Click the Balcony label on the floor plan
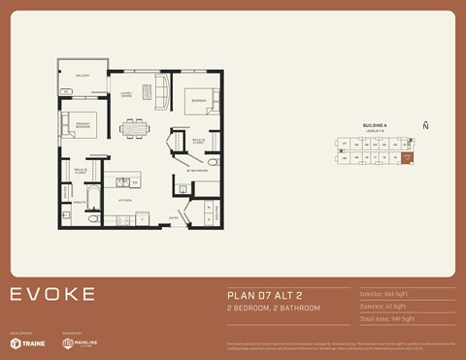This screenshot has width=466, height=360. pos(83,76)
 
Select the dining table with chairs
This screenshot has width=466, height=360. pos(135,127)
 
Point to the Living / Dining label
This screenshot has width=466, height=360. pos(126,95)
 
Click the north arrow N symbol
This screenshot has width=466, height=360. pos(425,125)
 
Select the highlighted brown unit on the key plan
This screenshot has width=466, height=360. pos(408,156)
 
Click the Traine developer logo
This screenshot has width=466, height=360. pos(27,343)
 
